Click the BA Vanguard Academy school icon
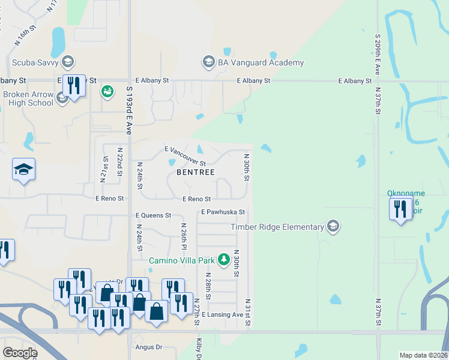click(x=208, y=62)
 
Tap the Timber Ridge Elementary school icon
click(x=333, y=226)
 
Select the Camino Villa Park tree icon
click(x=224, y=259)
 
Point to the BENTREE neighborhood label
click(x=196, y=172)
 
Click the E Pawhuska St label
click(x=223, y=212)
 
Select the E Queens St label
click(x=153, y=215)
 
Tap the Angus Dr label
click(x=150, y=347)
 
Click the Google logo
click(x=20, y=353)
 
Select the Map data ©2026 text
click(x=423, y=355)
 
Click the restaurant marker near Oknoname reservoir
click(x=399, y=209)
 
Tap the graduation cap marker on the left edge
click(x=24, y=170)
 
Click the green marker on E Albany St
click(x=107, y=91)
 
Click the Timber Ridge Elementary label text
click(x=277, y=227)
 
